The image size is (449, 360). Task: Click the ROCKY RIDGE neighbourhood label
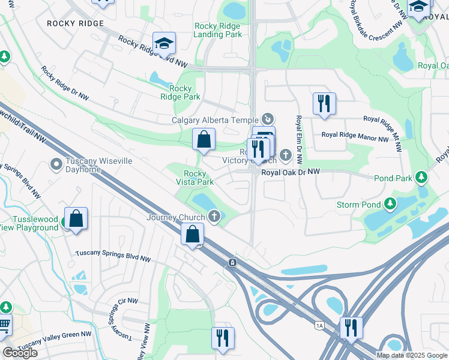point(75,23)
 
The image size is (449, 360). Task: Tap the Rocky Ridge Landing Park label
point(217,30)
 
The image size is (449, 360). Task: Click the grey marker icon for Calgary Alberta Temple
point(268,119)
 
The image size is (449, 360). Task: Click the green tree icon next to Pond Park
point(421,178)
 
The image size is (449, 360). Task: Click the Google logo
point(20,353)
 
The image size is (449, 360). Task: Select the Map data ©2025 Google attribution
point(412,355)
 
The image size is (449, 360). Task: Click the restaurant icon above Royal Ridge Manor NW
point(324,103)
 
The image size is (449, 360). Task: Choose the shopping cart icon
point(4,325)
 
